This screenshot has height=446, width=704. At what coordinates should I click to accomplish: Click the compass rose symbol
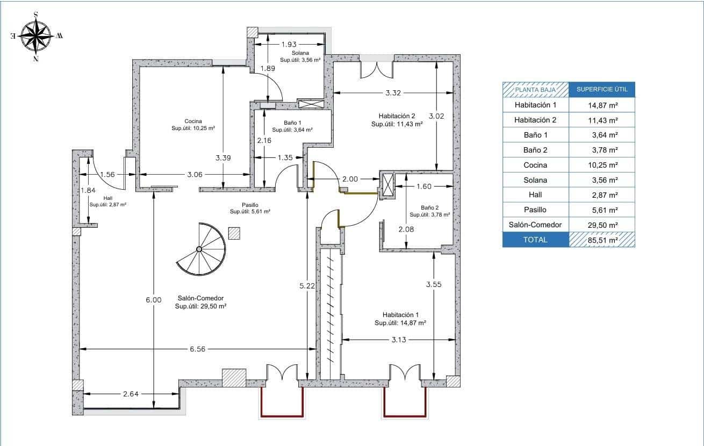[36, 36]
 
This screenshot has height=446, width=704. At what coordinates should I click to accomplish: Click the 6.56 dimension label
[197, 349]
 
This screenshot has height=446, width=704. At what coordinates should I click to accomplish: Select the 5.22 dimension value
[307, 286]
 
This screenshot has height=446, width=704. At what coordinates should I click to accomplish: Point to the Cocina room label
[193, 121]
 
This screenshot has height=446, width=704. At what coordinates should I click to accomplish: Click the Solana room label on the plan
[300, 53]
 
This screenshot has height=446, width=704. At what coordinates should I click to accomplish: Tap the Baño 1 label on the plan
[292, 123]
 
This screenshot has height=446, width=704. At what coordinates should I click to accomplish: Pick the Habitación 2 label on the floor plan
[397, 116]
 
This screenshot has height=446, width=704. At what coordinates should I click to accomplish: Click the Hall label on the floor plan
[108, 198]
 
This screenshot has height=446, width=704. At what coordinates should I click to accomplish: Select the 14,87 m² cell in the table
[601, 105]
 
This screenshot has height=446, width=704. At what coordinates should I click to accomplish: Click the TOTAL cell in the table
[536, 240]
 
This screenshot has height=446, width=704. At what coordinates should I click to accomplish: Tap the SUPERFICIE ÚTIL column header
[602, 89]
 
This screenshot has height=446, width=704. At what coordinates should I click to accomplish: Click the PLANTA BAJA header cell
[536, 90]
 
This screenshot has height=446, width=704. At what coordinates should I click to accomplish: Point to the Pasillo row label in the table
[535, 210]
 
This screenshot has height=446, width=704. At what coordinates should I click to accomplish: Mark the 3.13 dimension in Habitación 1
[399, 340]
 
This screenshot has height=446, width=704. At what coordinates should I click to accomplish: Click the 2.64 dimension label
[131, 394]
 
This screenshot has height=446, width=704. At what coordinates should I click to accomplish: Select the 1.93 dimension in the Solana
[289, 44]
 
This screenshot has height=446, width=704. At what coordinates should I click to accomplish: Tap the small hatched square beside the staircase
[234, 234]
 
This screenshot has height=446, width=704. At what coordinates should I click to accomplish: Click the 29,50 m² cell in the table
[601, 225]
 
